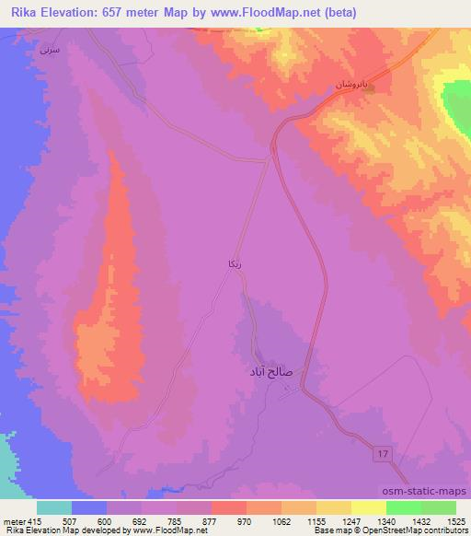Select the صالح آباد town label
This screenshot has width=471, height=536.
(x=271, y=372)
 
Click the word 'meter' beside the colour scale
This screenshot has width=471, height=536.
(x=13, y=521)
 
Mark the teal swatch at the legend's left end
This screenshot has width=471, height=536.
(x=54, y=507)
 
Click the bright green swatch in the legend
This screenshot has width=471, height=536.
(x=403, y=507)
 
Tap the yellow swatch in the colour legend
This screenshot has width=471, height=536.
(x=368, y=507)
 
